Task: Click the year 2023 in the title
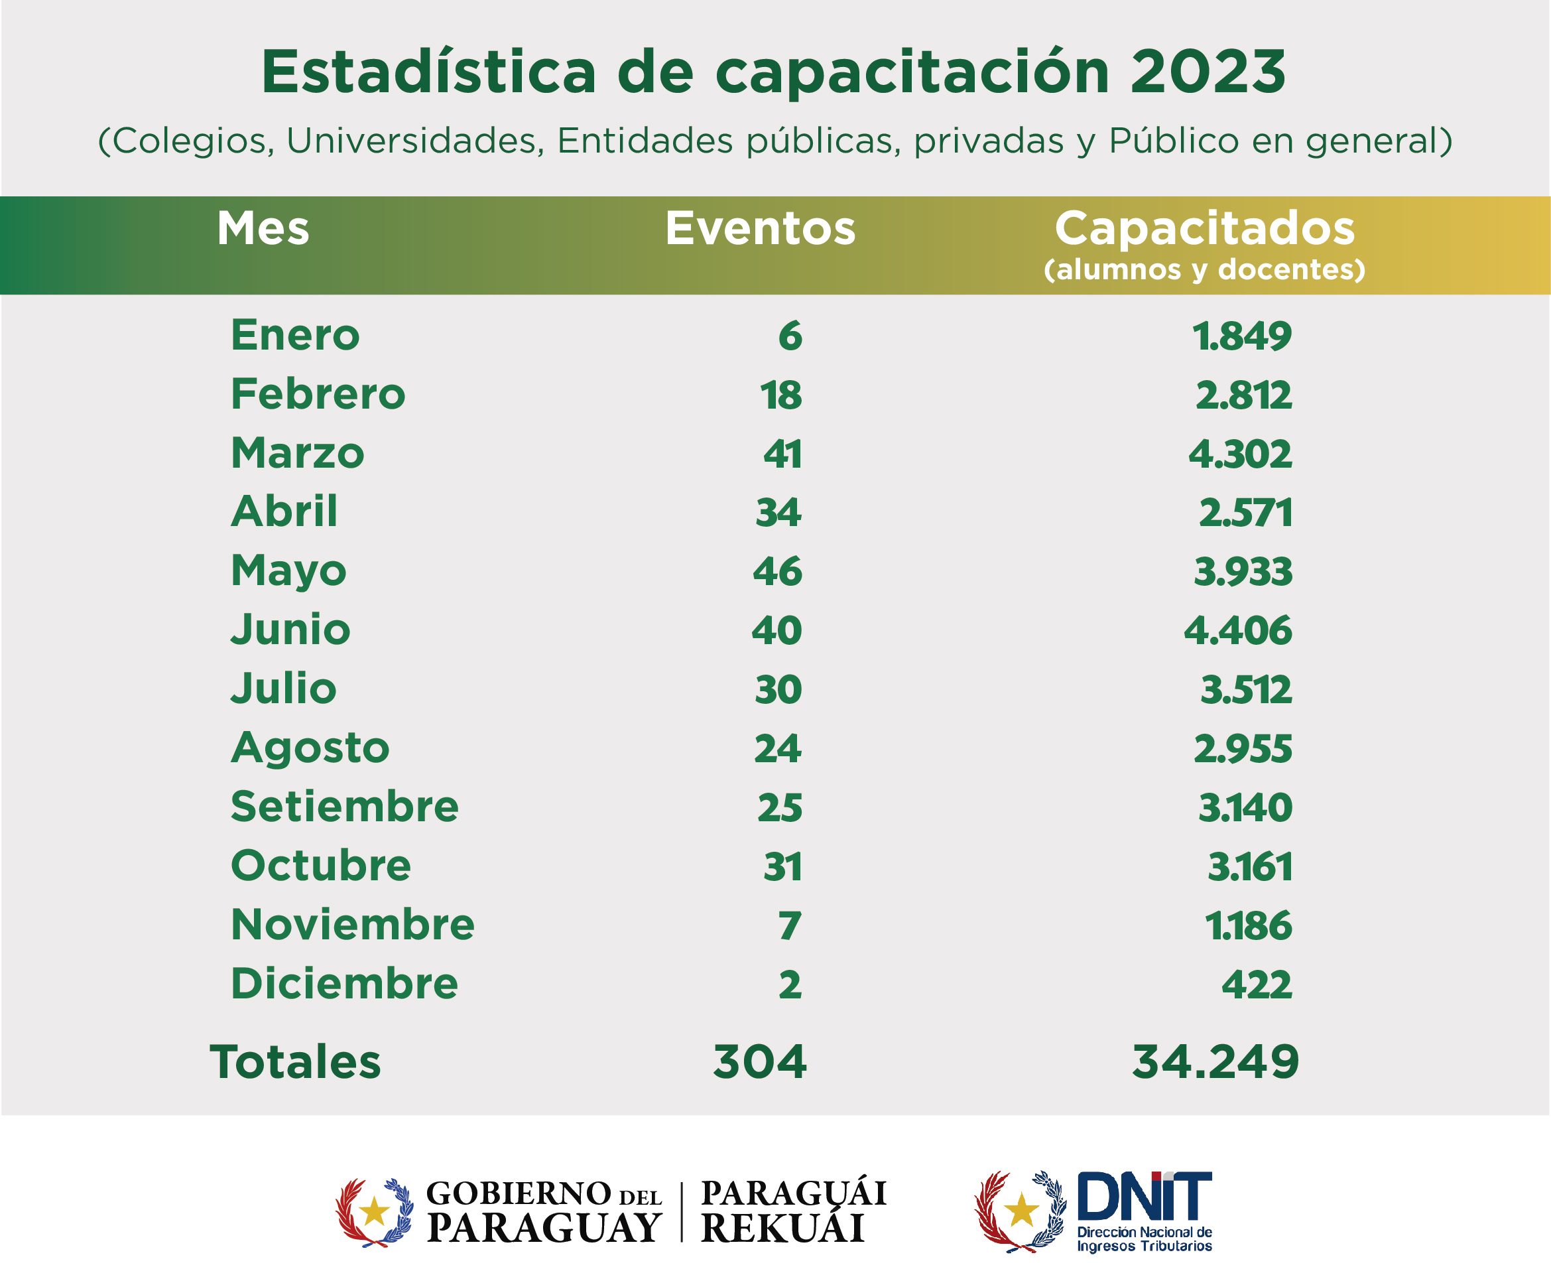(1208, 72)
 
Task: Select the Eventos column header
(760, 228)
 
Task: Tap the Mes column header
(263, 228)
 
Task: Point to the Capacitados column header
(1204, 228)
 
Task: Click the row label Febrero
(318, 394)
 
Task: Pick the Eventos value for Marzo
(782, 454)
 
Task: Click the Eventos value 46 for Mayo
(776, 572)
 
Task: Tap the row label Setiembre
(344, 807)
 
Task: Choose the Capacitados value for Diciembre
(1256, 984)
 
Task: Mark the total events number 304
(760, 1062)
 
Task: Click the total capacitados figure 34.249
(1215, 1062)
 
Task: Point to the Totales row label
(296, 1062)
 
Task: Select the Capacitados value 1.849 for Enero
(1241, 336)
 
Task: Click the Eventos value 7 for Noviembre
(789, 925)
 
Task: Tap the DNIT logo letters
(1144, 1196)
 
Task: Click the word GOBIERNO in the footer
(518, 1193)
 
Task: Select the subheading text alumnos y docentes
(1204, 270)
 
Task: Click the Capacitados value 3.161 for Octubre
(1249, 866)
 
